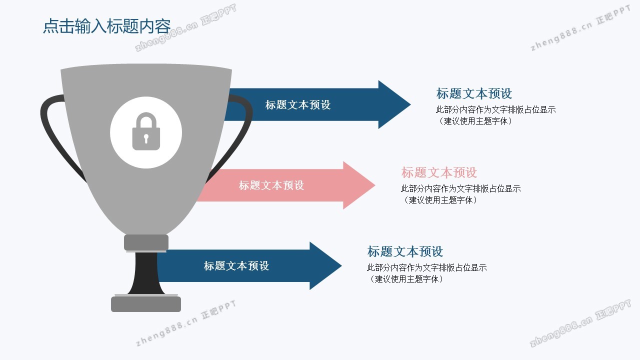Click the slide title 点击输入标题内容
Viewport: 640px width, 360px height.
[x=107, y=26]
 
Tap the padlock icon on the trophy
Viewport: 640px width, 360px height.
[x=146, y=131]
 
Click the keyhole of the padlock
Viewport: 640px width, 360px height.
[x=146, y=138]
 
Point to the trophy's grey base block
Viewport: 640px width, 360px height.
[x=146, y=304]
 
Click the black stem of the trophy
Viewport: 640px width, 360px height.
[x=146, y=273]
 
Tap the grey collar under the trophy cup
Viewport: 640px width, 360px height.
[x=146, y=243]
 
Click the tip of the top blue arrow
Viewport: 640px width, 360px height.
[x=410, y=104]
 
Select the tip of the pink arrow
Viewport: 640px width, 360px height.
[x=375, y=185]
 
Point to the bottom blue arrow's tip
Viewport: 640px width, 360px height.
[x=341, y=265]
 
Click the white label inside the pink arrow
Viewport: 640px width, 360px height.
[x=271, y=185]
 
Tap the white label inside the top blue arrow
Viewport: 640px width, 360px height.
[x=297, y=105]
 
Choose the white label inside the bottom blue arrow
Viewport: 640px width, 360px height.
[x=236, y=266]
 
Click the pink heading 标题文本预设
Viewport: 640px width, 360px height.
[x=439, y=172]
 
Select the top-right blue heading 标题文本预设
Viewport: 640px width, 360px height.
[x=473, y=93]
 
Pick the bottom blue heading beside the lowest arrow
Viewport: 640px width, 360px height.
[x=405, y=251]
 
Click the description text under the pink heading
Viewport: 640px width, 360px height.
[x=460, y=194]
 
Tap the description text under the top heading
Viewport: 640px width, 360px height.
[x=495, y=115]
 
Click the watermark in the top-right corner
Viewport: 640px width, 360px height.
[x=580, y=28]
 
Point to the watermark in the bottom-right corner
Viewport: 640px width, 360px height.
[x=580, y=323]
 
